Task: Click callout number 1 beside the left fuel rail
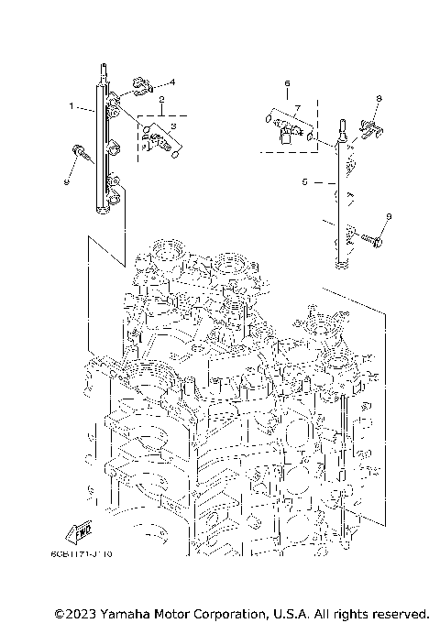pos(71,107)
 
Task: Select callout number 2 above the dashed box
pos(161,99)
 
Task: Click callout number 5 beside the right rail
pos(302,182)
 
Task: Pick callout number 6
pos(286,82)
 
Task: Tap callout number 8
pos(378,97)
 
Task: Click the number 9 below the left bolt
pos(66,181)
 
